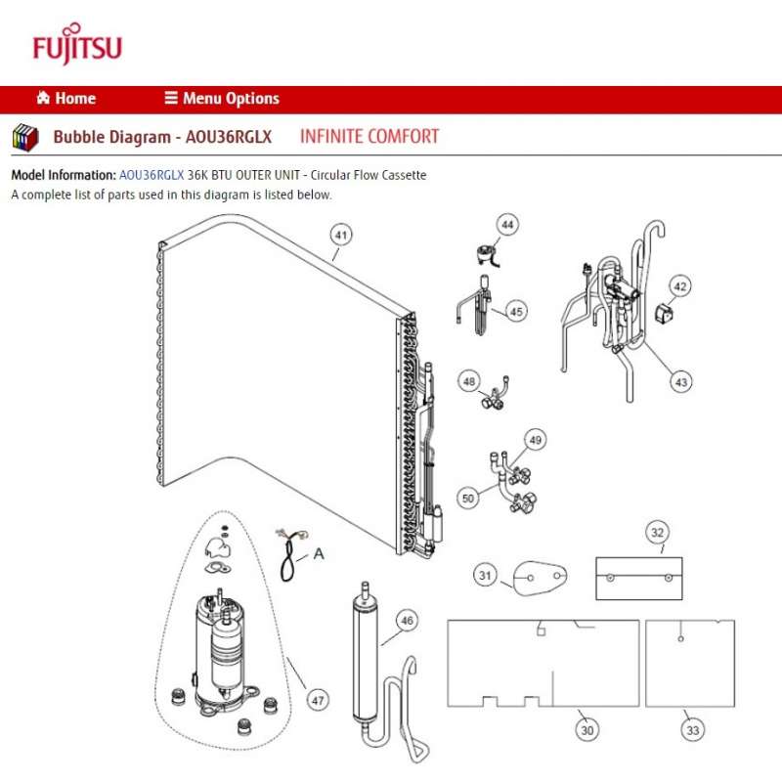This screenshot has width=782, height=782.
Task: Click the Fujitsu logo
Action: click(77, 46)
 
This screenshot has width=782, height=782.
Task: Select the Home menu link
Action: click(66, 99)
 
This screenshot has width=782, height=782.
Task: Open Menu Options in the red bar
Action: click(222, 99)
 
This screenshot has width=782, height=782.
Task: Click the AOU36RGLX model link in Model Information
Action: click(152, 175)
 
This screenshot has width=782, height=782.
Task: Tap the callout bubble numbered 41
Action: click(340, 235)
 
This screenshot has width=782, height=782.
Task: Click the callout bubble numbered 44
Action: click(507, 225)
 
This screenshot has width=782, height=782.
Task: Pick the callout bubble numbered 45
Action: click(516, 312)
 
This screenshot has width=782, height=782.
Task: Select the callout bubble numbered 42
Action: click(680, 286)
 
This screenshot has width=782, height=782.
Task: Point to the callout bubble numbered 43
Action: click(680, 381)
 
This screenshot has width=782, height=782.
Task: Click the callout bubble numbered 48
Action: click(470, 380)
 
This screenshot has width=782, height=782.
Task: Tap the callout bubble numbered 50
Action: click(468, 499)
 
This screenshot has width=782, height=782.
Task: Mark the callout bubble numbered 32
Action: click(657, 533)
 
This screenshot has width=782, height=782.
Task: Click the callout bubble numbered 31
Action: click(486, 575)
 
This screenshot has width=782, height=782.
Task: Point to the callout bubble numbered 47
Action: click(319, 700)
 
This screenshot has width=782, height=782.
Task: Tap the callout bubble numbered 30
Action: click(587, 729)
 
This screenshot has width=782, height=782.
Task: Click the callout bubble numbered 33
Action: click(693, 729)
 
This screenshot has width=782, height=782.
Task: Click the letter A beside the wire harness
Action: click(318, 554)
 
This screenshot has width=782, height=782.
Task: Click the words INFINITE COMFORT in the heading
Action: click(369, 137)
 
